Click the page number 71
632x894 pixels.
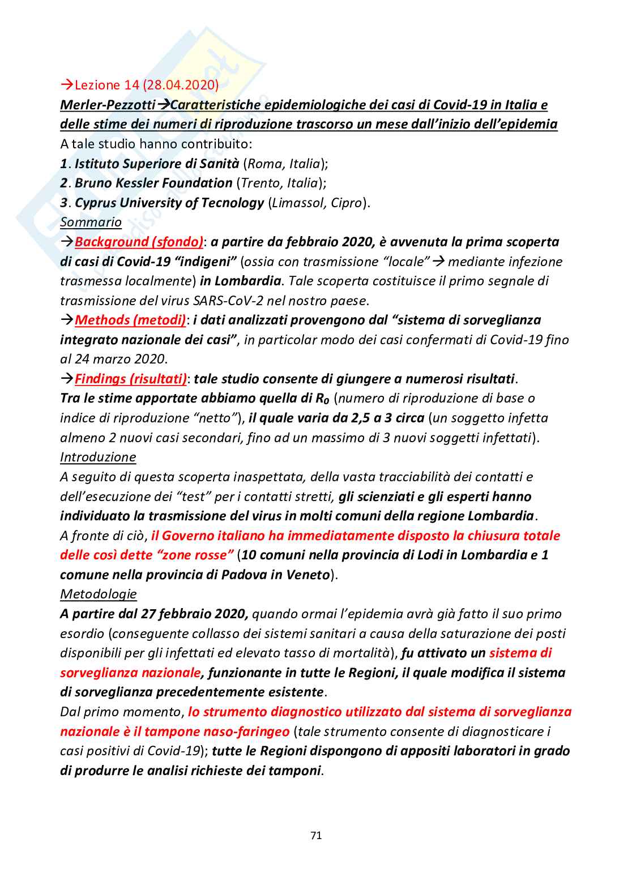pyautogui.click(x=316, y=835)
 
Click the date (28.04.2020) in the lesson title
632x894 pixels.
pyautogui.click(x=181, y=85)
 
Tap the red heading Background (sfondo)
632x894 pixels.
pyautogui.click(x=139, y=242)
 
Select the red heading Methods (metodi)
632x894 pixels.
pyautogui.click(x=130, y=320)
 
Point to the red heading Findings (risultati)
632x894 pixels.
pyautogui.click(x=131, y=379)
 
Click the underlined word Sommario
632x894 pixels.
pyautogui.click(x=91, y=222)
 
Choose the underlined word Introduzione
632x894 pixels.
pyautogui.click(x=98, y=457)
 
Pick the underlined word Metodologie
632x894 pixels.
pyautogui.click(x=99, y=594)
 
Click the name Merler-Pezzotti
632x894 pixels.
pyautogui.click(x=108, y=105)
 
